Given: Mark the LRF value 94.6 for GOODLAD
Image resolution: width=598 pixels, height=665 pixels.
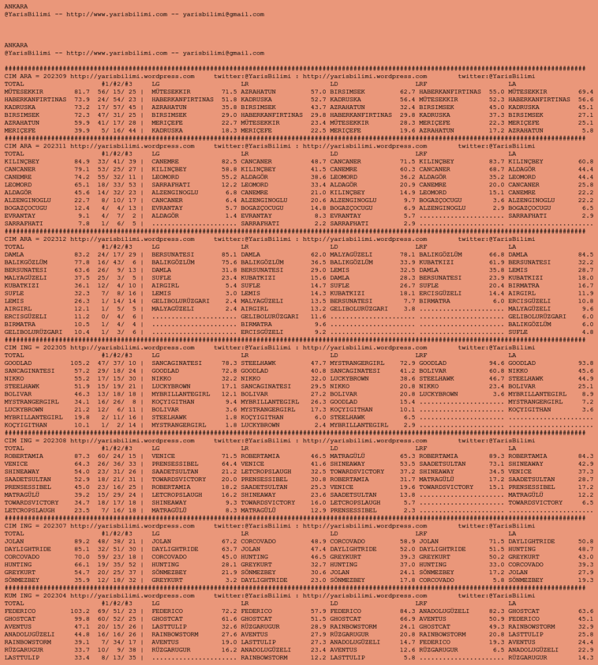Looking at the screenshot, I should tap(497, 363).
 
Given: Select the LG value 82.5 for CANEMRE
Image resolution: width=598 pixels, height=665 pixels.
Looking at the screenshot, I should tap(229, 162).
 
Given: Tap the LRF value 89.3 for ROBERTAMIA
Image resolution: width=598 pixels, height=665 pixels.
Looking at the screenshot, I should tap(497, 456).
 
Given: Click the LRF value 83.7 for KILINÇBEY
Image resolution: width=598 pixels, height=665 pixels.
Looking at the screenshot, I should tap(497, 162).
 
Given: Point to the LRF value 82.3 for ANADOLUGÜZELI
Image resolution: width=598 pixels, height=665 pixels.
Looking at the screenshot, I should tap(497, 611).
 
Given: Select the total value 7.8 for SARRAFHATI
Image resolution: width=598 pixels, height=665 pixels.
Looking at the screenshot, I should tap(84, 223).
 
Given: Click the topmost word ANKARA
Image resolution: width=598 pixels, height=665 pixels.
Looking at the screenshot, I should tap(16, 6).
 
